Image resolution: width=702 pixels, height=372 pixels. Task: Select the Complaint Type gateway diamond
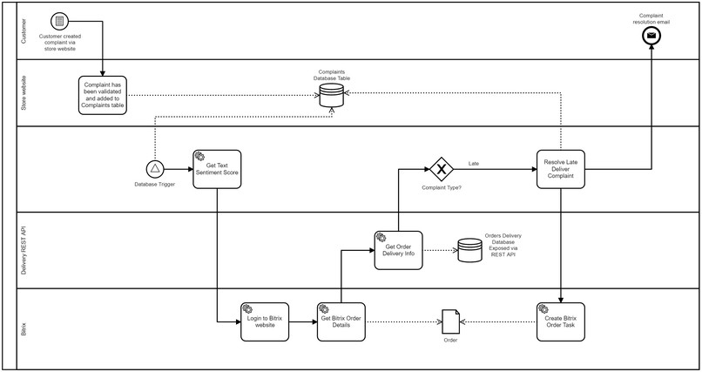[442, 168]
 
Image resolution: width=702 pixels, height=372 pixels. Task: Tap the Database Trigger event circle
[155, 168]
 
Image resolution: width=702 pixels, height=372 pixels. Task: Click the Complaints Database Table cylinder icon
[330, 96]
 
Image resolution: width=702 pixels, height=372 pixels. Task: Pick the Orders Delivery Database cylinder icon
[469, 251]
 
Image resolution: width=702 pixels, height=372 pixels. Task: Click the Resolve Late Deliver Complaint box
[560, 168]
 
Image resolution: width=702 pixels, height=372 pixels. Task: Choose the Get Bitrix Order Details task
[341, 322]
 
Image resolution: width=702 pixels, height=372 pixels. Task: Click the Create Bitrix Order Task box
[560, 322]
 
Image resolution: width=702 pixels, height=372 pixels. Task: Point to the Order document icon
[449, 321]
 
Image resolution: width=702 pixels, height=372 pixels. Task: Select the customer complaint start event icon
[58, 21]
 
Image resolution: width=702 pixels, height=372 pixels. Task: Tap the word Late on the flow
[474, 162]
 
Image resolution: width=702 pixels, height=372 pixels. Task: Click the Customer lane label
[24, 30]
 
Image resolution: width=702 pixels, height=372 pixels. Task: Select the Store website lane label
[24, 92]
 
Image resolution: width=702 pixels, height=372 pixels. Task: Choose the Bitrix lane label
[24, 328]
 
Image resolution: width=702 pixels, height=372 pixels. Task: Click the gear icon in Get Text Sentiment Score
[199, 155]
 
